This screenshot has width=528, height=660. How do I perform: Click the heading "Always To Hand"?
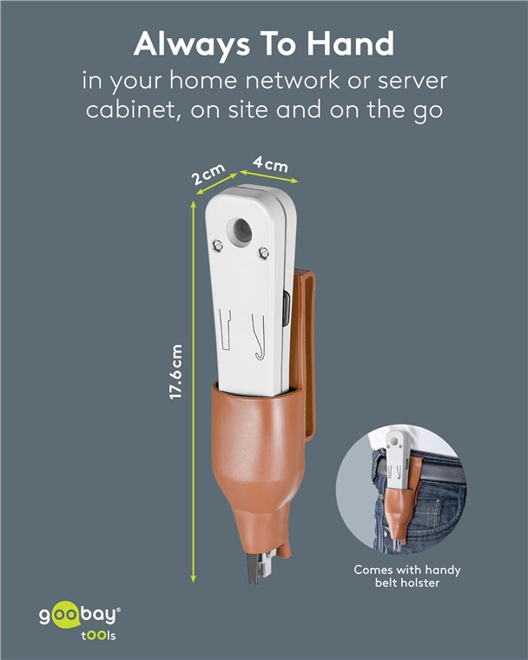pyautogui.click(x=264, y=44)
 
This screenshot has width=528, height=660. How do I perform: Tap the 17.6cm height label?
pyautogui.click(x=175, y=372)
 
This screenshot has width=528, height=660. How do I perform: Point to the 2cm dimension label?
pyautogui.click(x=208, y=174)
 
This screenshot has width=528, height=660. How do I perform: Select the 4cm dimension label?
pyautogui.click(x=271, y=164)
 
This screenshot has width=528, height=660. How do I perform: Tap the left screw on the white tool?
pyautogui.click(x=217, y=245)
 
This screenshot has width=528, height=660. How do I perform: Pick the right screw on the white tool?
pyautogui.click(x=264, y=253)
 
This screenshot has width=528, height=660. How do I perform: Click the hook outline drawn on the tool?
pyautogui.click(x=259, y=337)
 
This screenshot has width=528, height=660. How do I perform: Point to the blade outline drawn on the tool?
pyautogui.click(x=225, y=329)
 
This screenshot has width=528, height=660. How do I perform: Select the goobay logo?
pyautogui.click(x=80, y=616)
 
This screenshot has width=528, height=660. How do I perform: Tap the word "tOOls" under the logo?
pyautogui.click(x=98, y=635)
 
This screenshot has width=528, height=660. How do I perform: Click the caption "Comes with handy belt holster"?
pyautogui.click(x=406, y=577)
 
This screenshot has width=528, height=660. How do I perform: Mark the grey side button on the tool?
pyautogui.click(x=287, y=308)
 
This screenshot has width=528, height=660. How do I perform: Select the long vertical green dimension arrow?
pyautogui.click(x=194, y=392)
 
